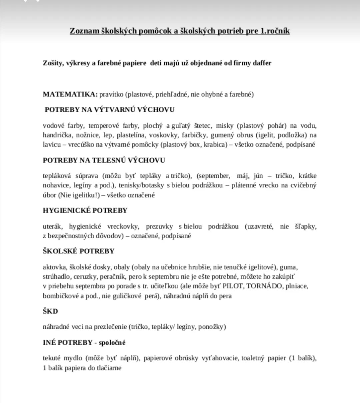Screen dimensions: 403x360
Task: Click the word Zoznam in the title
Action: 84,31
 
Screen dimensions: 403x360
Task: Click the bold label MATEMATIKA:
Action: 70,94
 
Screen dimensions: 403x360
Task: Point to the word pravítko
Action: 111,94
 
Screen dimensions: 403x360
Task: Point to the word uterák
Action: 52,227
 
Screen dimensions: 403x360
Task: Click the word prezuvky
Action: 159,227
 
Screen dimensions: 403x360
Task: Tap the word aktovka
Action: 54,267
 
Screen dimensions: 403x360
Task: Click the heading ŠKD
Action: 50,311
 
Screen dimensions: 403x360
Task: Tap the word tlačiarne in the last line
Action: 109,368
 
